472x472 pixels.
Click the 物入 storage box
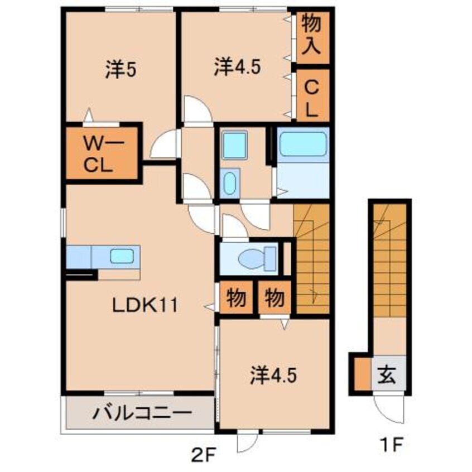point(311,35)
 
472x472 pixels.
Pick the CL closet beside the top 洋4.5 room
point(311,95)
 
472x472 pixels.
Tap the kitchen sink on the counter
point(122,257)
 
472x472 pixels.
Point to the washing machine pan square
point(234,145)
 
